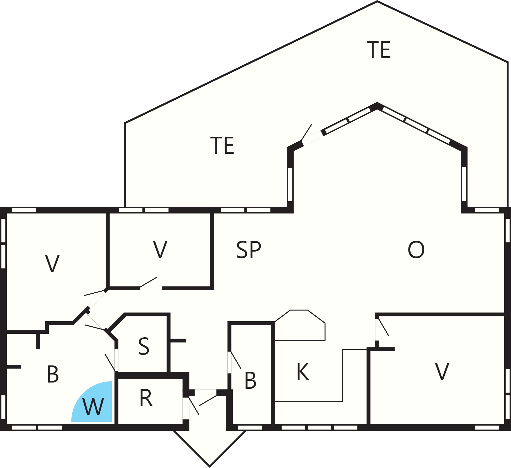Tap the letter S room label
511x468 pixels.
point(144,346)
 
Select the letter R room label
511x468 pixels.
point(146,398)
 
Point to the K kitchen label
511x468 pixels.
point(303,372)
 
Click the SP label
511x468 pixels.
point(249,249)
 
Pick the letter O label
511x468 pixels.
point(416,249)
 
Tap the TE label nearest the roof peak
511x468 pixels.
point(379,50)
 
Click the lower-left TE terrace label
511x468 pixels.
point(222,145)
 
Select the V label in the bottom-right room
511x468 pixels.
point(442,371)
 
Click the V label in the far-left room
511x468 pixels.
point(52,264)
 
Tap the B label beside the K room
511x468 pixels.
point(250,380)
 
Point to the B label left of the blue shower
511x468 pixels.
point(53,374)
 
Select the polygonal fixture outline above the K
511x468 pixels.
point(300,325)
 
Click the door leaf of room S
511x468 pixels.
point(110,363)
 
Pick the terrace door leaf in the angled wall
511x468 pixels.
point(307,132)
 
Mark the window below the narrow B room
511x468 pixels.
point(250,428)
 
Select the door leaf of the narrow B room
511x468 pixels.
point(236,360)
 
